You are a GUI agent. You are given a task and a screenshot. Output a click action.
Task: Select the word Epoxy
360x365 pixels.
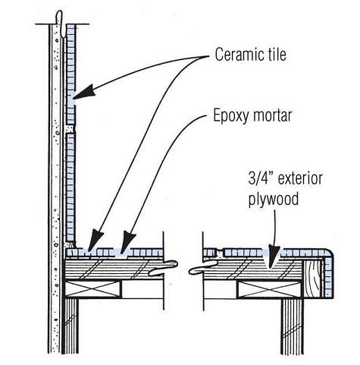click(x=230, y=118)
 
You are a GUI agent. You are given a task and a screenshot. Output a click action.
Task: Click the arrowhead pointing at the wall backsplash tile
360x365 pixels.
click(x=85, y=93)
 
